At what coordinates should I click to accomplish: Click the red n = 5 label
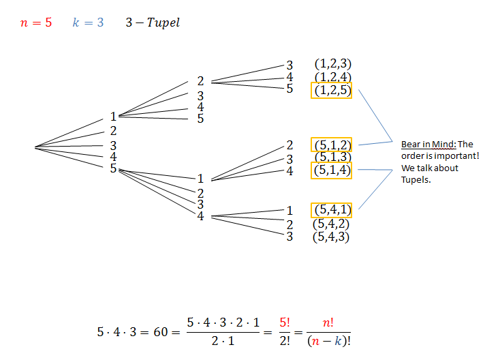35,22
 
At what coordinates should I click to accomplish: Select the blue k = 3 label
88,22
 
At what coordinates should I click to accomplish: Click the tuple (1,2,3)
332,64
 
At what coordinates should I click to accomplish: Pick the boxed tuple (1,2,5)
332,90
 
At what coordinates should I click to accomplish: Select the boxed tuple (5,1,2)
332,145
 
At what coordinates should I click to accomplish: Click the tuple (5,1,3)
332,157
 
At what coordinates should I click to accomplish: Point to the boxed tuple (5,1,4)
332,170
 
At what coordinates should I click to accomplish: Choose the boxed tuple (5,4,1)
332,210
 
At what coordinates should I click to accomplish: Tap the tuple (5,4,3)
331,237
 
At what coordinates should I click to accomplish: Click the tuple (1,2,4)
332,77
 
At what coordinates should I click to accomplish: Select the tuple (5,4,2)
331,224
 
